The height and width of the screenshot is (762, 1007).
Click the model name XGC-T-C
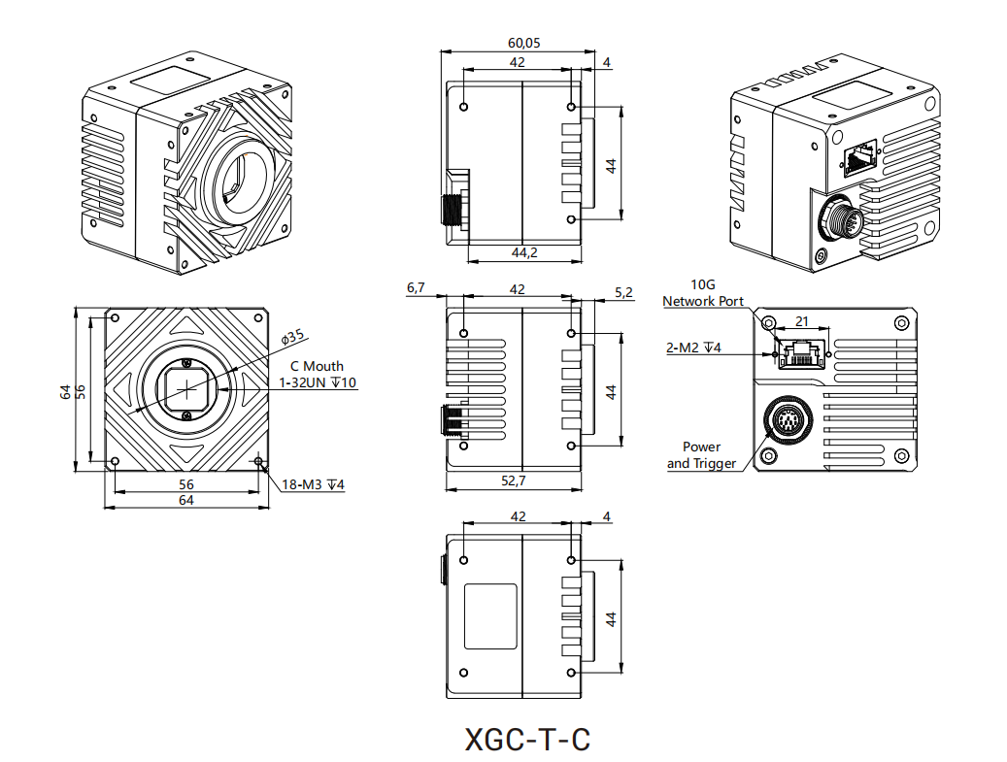pyautogui.click(x=527, y=740)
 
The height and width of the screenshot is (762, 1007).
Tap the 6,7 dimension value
pyautogui.click(x=416, y=288)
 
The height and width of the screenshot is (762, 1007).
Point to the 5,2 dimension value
pyautogui.click(x=623, y=292)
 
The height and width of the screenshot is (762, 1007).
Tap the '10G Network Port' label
pyautogui.click(x=703, y=293)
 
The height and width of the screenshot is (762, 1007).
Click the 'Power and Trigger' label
pyautogui.click(x=701, y=455)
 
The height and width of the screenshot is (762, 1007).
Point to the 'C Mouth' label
pyautogui.click(x=317, y=366)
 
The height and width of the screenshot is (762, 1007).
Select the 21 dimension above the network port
pyautogui.click(x=801, y=321)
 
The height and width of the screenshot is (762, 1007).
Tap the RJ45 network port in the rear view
pyautogui.click(x=802, y=354)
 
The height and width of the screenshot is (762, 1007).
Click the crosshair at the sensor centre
pyautogui.click(x=186, y=389)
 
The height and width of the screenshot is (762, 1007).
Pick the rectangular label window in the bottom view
pyautogui.click(x=491, y=616)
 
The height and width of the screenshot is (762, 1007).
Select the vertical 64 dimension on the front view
pyautogui.click(x=65, y=391)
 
